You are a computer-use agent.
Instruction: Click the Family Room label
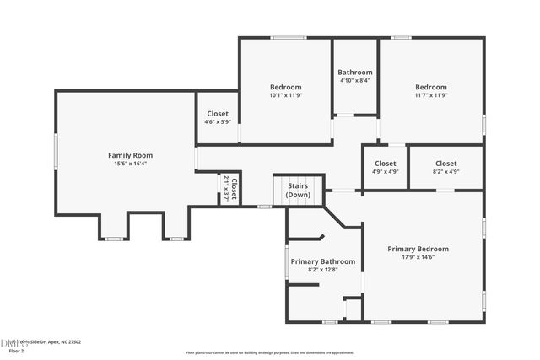point(130,155)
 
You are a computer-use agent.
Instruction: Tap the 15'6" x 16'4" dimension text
point(130,164)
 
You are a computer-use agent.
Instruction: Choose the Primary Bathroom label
point(323,261)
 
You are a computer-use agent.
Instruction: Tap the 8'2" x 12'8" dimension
point(323,271)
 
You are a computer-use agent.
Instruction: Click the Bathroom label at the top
point(355,73)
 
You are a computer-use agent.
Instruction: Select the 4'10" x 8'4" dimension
point(355,81)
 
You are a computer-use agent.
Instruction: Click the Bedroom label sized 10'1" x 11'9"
point(285,87)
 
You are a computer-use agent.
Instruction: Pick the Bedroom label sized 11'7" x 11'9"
point(430,87)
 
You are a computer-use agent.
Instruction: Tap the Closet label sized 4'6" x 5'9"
point(218,113)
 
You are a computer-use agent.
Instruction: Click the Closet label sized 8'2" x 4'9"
point(445,163)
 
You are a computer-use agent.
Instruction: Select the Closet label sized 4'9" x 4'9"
point(386,163)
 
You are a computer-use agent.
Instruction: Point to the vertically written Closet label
point(235,189)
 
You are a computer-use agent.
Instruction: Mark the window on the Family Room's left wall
point(57,153)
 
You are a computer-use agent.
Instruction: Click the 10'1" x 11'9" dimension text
point(285,96)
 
